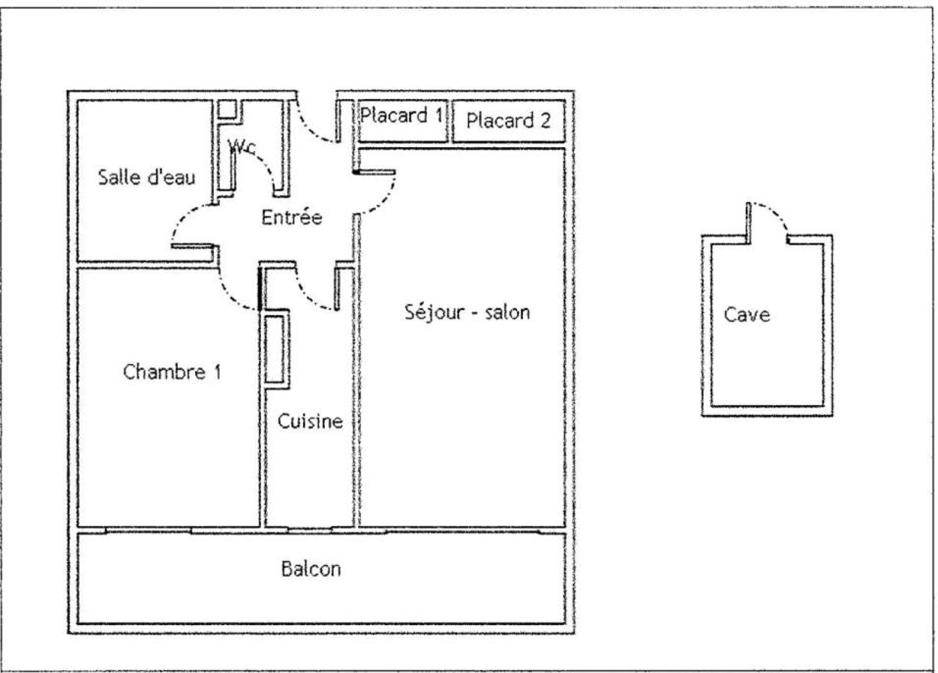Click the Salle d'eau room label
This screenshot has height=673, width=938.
(x=147, y=176)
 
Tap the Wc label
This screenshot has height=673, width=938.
(x=242, y=147)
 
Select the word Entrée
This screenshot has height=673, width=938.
(x=292, y=217)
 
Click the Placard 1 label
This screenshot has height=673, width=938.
(x=402, y=115)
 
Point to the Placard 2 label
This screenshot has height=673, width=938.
(x=508, y=120)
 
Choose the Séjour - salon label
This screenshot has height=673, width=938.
(x=467, y=312)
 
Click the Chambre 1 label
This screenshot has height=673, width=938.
(x=172, y=372)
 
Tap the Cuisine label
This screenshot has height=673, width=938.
(x=310, y=421)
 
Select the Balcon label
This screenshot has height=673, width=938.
(x=311, y=569)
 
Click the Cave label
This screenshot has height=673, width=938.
(x=747, y=314)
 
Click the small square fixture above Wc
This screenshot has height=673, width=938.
(x=227, y=110)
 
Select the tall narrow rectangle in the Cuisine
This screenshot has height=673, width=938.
(x=275, y=349)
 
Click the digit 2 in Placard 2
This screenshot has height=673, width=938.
(x=545, y=121)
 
